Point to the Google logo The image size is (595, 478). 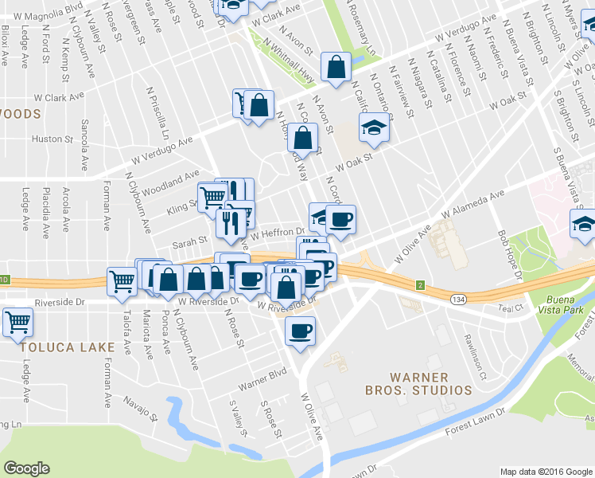click(26, 468)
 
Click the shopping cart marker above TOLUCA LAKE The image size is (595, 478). click(17, 323)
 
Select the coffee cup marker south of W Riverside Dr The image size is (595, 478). click(300, 331)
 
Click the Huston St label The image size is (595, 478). click(52, 139)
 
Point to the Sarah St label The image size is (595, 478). click(190, 238)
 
